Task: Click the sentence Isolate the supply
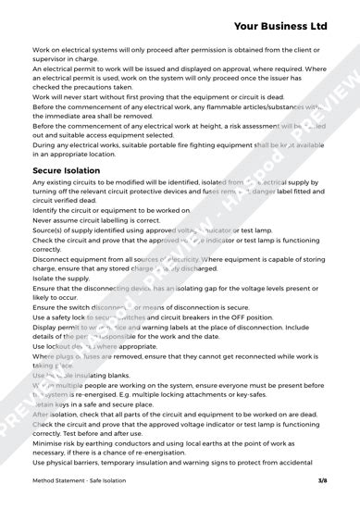point(63,278)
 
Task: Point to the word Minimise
point(48,442)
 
